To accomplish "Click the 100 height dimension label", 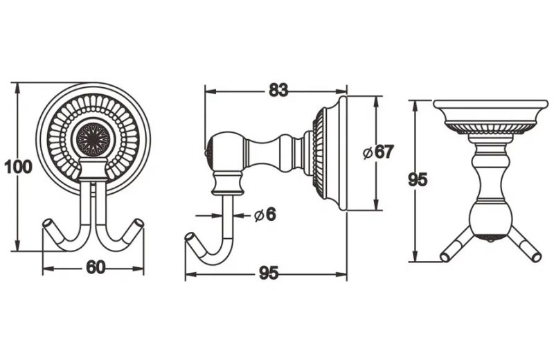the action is (18, 167).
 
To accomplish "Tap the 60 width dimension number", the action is (96, 267).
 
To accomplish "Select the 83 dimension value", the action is (278, 90).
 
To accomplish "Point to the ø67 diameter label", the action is (378, 152).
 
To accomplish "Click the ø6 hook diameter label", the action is (265, 215).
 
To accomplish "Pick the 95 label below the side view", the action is (269, 273).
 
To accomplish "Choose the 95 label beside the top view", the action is (418, 179).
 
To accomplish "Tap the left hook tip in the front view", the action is (47, 224).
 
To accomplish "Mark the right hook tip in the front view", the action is (139, 224).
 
